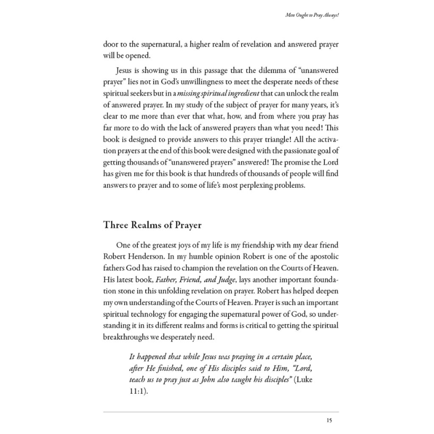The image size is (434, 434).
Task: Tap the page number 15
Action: (329, 420)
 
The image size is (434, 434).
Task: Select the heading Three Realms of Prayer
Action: (152, 225)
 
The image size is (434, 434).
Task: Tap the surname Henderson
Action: (144, 256)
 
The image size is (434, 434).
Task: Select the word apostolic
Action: (323, 256)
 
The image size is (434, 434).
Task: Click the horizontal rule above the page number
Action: (221, 412)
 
